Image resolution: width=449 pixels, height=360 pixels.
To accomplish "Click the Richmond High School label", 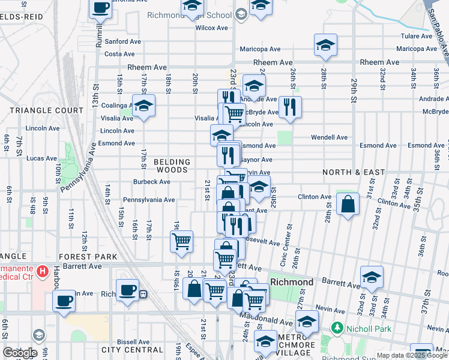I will click(x=206, y=15).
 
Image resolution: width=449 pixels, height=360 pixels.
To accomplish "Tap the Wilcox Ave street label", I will click(x=211, y=28).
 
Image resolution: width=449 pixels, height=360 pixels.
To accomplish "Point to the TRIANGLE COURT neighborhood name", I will click(x=47, y=110).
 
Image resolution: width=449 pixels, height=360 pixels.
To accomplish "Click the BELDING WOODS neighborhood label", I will click(x=172, y=166).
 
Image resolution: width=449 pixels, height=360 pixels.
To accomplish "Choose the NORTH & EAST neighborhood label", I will click(x=354, y=172).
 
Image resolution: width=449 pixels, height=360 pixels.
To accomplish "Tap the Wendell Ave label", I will click(x=329, y=137).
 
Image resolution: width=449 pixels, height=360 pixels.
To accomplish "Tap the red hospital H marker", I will click(x=42, y=272).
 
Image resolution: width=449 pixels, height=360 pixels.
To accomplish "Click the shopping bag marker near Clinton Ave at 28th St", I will click(x=348, y=205).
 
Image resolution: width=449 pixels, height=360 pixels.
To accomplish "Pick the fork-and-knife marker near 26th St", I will click(x=290, y=107).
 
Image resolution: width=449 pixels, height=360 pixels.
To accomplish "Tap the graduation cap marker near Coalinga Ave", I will click(x=143, y=106).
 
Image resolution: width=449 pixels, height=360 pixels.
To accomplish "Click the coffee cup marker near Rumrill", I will click(x=100, y=8).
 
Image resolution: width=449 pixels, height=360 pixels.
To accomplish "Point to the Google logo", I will click(x=20, y=353).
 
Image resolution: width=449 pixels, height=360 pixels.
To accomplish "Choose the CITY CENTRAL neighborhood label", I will click(x=132, y=350).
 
